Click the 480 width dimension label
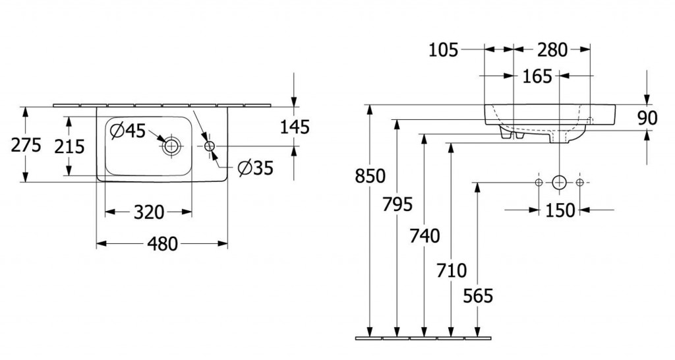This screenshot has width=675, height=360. (x=162, y=244)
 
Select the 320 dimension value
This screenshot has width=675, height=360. (x=149, y=212)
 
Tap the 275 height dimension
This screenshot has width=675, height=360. (x=26, y=145)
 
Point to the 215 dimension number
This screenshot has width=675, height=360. (x=69, y=146)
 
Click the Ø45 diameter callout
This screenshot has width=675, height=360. (x=129, y=131)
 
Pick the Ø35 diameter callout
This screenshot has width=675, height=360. (x=254, y=169)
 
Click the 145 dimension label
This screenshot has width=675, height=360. (x=294, y=126)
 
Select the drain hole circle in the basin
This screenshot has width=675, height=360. (x=172, y=146)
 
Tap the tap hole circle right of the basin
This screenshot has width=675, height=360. (x=210, y=146)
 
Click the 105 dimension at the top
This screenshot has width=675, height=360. (x=443, y=49)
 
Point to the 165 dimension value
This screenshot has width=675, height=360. (x=537, y=76)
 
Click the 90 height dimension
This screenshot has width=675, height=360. (x=647, y=118)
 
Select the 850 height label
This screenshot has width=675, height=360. (x=370, y=177)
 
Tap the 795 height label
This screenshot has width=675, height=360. (x=397, y=204)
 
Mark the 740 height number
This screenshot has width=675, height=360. (x=425, y=235)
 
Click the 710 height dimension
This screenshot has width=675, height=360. (x=452, y=270)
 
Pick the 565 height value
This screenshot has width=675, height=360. (x=478, y=297)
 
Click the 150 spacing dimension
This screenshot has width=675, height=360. (x=560, y=210)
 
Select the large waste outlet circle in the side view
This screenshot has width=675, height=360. (x=559, y=182)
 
